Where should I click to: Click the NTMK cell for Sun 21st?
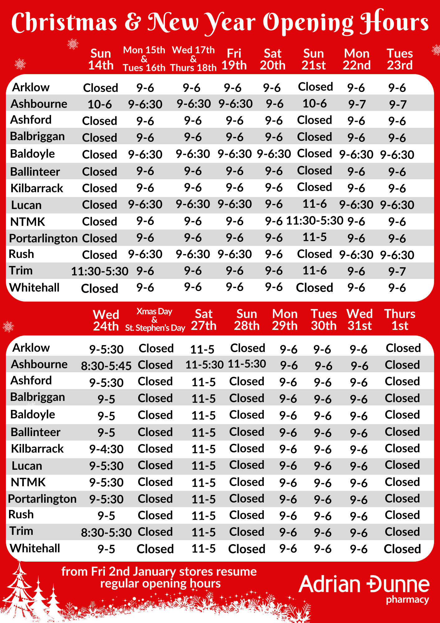coord(315,221)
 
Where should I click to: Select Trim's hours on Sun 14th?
coord(100,271)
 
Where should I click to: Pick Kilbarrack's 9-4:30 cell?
coord(106,449)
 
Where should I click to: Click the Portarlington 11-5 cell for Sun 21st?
coord(315,237)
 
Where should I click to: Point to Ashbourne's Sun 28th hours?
coord(247,364)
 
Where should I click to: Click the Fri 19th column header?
coord(234,59)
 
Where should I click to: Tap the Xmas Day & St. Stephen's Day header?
coord(155,320)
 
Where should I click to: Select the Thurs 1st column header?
coord(400,320)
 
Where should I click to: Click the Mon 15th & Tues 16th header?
coord(144,59)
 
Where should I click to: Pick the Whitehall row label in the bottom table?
coord(35,549)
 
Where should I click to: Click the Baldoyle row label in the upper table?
coord(32,154)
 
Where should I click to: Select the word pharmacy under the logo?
coord(407,599)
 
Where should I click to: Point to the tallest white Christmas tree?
coord(20,589)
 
